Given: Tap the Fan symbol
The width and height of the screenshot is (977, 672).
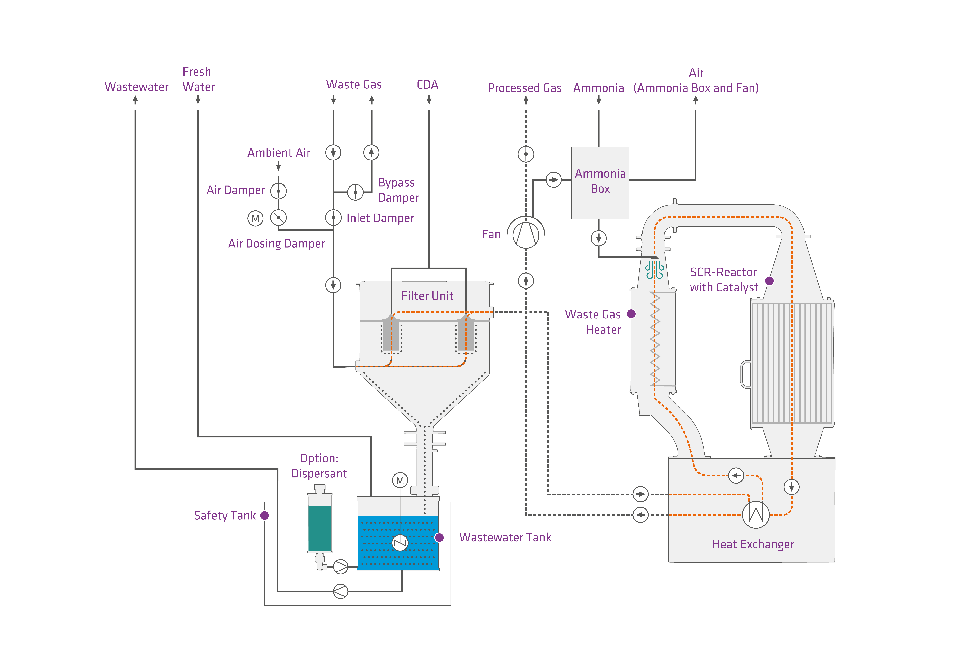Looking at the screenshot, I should pyautogui.click(x=526, y=235).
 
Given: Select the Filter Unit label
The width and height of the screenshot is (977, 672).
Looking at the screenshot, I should pyautogui.click(x=427, y=296).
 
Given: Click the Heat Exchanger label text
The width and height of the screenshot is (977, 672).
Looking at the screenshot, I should pyautogui.click(x=753, y=544).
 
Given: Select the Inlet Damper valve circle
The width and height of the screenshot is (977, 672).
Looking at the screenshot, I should pyautogui.click(x=333, y=218).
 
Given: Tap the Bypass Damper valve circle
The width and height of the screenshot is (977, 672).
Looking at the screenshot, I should pyautogui.click(x=355, y=192).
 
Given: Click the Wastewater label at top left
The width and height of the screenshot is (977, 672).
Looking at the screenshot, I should pyautogui.click(x=136, y=87).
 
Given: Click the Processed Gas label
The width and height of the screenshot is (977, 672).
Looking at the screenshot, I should pyautogui.click(x=525, y=88).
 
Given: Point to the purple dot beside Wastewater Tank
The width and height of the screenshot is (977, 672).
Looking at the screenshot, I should pyautogui.click(x=439, y=538).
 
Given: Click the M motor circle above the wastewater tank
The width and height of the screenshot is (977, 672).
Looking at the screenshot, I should pyautogui.click(x=400, y=480).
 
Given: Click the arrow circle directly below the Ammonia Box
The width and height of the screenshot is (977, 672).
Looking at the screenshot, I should pyautogui.click(x=599, y=238).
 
